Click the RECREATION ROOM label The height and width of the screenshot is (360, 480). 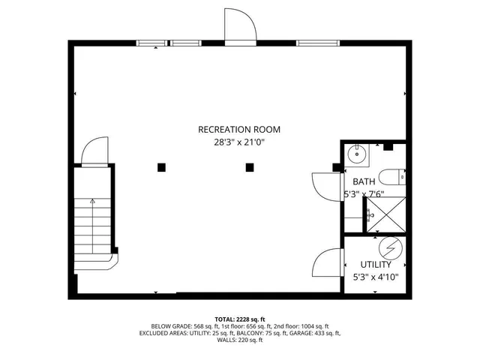(239, 128)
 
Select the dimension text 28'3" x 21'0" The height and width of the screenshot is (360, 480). (239, 142)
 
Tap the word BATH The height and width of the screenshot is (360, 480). (364, 181)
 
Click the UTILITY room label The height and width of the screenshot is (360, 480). (375, 265)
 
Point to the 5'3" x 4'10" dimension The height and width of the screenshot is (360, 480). (375, 277)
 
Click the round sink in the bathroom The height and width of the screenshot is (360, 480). (358, 155)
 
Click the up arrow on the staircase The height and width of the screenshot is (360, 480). (92, 202)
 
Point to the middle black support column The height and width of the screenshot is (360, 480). (250, 167)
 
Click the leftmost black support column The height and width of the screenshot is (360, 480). (161, 167)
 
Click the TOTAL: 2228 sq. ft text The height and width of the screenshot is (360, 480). (239, 319)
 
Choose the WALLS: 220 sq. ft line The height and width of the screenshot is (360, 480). (239, 340)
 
